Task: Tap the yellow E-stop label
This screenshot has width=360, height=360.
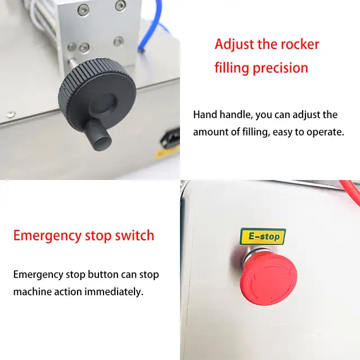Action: click(x=263, y=236)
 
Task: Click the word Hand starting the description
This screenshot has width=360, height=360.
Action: click(x=206, y=115)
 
